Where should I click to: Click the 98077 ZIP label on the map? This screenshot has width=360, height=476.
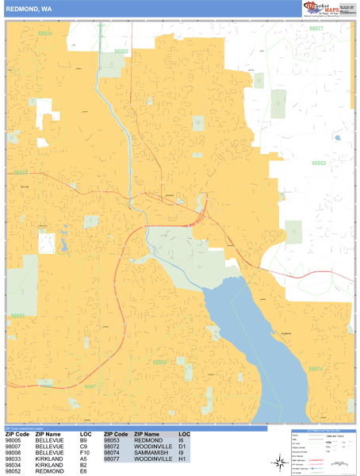point(317,28)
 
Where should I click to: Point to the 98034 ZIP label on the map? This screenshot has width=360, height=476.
point(46,34)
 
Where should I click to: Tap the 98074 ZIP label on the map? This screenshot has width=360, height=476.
point(316,369)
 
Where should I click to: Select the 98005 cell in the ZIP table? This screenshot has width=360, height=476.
point(17,441)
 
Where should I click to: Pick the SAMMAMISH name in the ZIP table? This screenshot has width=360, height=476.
point(151,453)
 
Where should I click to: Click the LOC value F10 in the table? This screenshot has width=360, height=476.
point(84,453)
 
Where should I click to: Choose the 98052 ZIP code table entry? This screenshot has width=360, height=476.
point(17,471)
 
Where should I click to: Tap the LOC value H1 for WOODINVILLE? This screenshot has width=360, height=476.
point(182,459)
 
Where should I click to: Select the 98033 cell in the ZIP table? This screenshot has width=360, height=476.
point(17,459)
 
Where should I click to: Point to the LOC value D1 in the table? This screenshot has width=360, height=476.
point(182,447)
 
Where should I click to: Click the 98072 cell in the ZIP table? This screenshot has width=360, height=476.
point(115,447)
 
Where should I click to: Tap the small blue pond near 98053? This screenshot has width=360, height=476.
point(337,138)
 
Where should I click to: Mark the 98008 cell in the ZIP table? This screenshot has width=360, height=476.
point(17,453)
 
